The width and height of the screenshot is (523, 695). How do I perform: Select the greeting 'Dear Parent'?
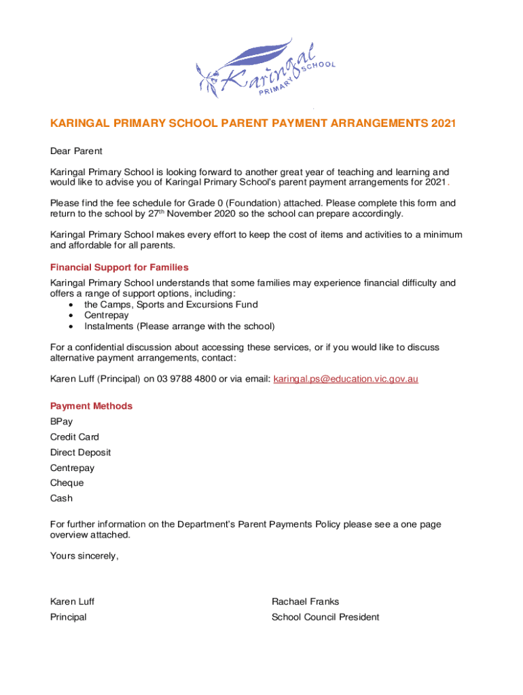point(76,151)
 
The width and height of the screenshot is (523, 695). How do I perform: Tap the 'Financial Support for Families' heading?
point(119,267)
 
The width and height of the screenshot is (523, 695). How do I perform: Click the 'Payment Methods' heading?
point(91,406)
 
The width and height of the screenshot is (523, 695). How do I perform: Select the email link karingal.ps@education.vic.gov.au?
point(345,379)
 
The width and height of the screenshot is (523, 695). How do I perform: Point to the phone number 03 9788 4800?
point(186,379)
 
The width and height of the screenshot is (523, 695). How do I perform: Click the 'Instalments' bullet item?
point(179,326)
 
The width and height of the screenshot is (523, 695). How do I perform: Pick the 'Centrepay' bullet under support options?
point(107,316)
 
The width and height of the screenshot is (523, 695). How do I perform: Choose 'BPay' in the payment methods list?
point(61,421)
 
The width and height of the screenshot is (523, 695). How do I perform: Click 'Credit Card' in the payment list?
point(74,437)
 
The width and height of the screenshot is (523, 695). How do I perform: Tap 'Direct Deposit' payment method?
point(80,452)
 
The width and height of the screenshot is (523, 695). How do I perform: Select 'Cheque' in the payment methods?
point(67,483)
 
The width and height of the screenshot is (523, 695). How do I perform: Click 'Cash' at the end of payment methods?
point(61,498)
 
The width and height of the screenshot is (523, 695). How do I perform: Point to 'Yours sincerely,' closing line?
point(84,556)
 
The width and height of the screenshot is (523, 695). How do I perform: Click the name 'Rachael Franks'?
point(305,601)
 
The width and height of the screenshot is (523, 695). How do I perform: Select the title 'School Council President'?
point(325,617)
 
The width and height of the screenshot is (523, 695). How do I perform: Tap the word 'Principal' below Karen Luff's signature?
point(68,617)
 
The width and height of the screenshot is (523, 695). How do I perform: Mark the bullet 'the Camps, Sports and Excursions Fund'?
point(170,305)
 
